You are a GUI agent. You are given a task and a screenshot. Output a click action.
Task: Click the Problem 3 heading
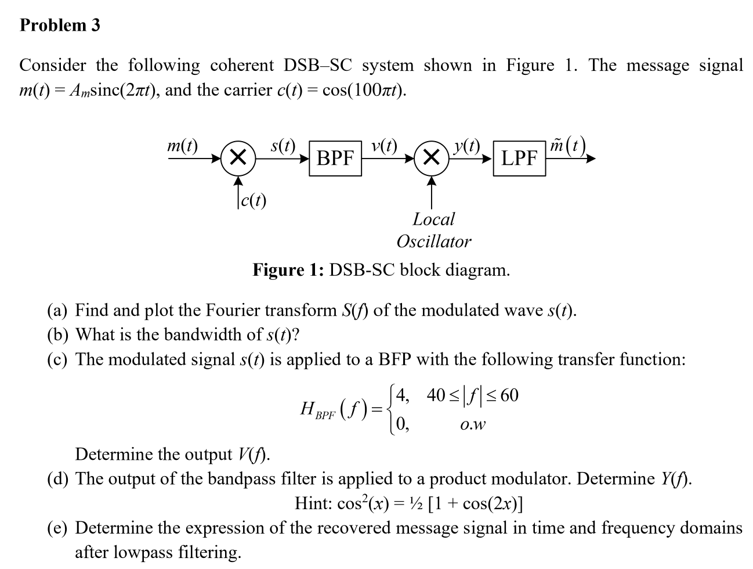(60, 25)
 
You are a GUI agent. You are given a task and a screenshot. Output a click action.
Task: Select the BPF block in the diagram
(335, 157)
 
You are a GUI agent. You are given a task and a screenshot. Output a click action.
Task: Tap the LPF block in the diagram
(519, 157)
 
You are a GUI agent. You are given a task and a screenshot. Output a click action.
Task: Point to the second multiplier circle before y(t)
(431, 157)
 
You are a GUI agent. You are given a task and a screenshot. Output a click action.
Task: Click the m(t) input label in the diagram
(182, 145)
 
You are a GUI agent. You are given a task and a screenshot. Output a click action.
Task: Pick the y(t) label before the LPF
(468, 145)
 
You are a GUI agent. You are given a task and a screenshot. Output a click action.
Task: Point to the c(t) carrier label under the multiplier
(254, 201)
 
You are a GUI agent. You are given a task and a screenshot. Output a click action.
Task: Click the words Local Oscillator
(434, 230)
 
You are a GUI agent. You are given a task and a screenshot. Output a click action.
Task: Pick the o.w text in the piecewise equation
(472, 425)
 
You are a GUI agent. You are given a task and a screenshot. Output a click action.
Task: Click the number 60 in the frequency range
(509, 395)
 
